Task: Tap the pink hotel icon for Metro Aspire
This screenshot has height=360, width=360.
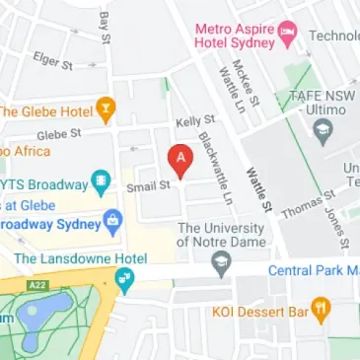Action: point(285,32)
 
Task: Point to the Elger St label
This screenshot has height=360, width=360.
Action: point(54,61)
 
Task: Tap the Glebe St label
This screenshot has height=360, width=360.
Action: point(56,135)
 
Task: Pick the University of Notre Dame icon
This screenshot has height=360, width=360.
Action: point(221,264)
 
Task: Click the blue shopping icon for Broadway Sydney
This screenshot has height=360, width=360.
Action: point(112,218)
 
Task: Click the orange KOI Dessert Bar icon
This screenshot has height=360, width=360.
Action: point(319,313)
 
